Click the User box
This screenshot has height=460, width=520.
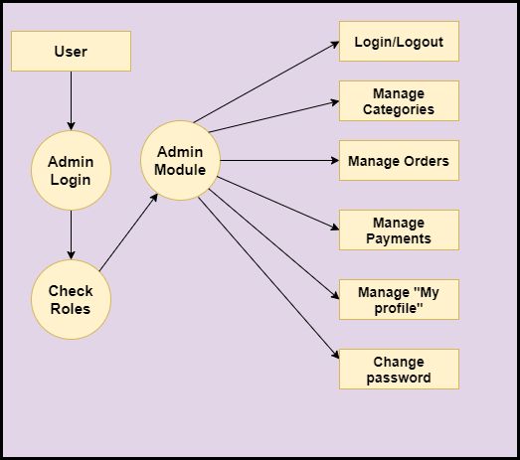tap(71, 51)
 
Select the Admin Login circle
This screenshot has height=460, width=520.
tap(71, 171)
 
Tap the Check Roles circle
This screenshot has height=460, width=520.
tap(71, 299)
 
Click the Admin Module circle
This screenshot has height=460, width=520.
tap(180, 160)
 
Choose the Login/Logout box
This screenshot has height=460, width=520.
tap(399, 42)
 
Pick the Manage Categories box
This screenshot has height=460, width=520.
tap(399, 100)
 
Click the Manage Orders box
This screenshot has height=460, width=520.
tap(399, 160)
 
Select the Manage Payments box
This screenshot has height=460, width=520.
tap(399, 230)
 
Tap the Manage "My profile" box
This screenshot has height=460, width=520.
tap(399, 299)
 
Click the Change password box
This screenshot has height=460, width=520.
tap(399, 369)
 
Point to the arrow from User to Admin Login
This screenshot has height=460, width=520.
tap(71, 100)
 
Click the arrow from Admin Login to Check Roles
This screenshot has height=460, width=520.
tap(71, 234)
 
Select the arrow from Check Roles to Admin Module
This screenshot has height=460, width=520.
tap(129, 230)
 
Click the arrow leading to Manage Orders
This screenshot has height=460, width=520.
tap(278, 160)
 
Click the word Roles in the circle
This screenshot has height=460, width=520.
tap(71, 308)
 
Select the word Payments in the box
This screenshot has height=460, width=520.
tap(399, 238)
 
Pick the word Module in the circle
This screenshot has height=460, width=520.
tap(180, 169)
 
